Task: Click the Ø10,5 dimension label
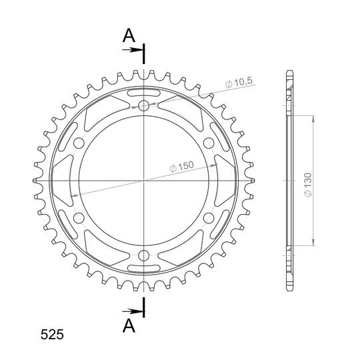239,83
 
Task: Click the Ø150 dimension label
181,166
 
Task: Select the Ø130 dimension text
308,185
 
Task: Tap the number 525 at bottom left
52,335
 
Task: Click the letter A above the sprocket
129,35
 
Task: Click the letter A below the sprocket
129,325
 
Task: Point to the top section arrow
131,50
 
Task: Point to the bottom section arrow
131,311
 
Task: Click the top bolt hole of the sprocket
144,105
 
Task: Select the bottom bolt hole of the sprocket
144,255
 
